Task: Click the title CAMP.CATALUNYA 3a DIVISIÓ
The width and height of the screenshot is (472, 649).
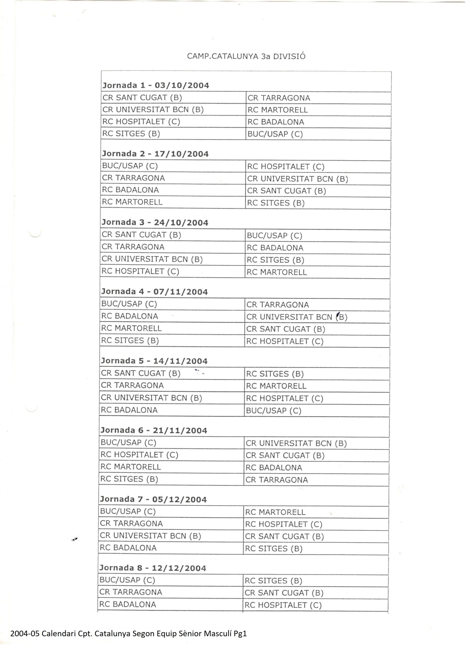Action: coord(246,56)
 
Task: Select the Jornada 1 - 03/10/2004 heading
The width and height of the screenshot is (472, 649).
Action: coord(156,85)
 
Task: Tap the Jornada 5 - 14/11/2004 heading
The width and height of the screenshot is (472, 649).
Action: coord(154,361)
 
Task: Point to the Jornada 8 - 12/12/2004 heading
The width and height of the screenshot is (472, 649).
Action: coord(153,568)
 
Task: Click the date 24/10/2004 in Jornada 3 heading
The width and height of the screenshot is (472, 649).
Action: coord(181,222)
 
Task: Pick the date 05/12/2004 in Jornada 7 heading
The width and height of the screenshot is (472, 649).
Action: coord(179,500)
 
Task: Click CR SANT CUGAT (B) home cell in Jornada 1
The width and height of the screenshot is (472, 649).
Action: coord(142,98)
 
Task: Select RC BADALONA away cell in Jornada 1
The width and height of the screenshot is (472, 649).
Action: coord(276,122)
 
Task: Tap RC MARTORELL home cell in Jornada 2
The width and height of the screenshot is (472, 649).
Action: coord(132,202)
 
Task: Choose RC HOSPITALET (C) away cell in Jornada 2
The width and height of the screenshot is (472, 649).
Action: coord(286,167)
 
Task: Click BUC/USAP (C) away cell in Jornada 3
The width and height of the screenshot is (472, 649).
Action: coord(274,236)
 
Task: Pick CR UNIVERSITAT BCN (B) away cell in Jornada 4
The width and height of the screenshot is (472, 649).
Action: coord(296,317)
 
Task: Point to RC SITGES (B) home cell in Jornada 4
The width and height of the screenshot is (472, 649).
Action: coord(130,340)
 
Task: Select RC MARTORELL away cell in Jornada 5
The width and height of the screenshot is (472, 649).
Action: coord(276,386)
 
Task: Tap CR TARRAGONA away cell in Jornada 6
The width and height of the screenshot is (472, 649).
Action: coord(276,480)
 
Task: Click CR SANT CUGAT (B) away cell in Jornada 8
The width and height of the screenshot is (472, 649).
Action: coord(284,593)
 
